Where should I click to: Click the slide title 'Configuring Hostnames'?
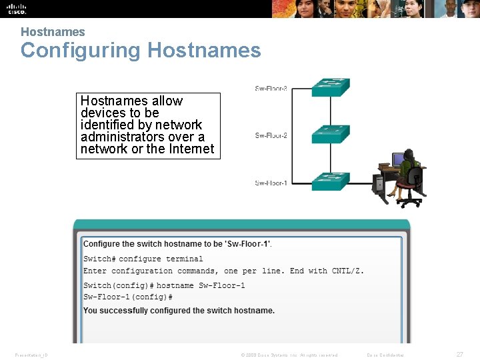pos(141,51)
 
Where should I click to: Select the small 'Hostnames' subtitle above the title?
pos(53,32)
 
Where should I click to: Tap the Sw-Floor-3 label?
pos(271,89)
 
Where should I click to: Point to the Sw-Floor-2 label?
pos(271,136)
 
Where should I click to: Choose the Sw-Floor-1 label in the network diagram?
pos(271,183)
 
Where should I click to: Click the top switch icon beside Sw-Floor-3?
pos(331,87)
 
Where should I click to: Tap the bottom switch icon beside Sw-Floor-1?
pos(331,181)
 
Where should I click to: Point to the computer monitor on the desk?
pos(398,160)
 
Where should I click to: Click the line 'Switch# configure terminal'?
pos(143,259)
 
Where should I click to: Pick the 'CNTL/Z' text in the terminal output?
pos(347,271)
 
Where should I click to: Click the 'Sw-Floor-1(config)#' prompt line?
pos(128,297)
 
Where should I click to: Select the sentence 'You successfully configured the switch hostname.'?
pos(179,310)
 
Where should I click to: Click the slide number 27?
pos(459,355)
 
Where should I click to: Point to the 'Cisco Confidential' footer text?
pos(385,355)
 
